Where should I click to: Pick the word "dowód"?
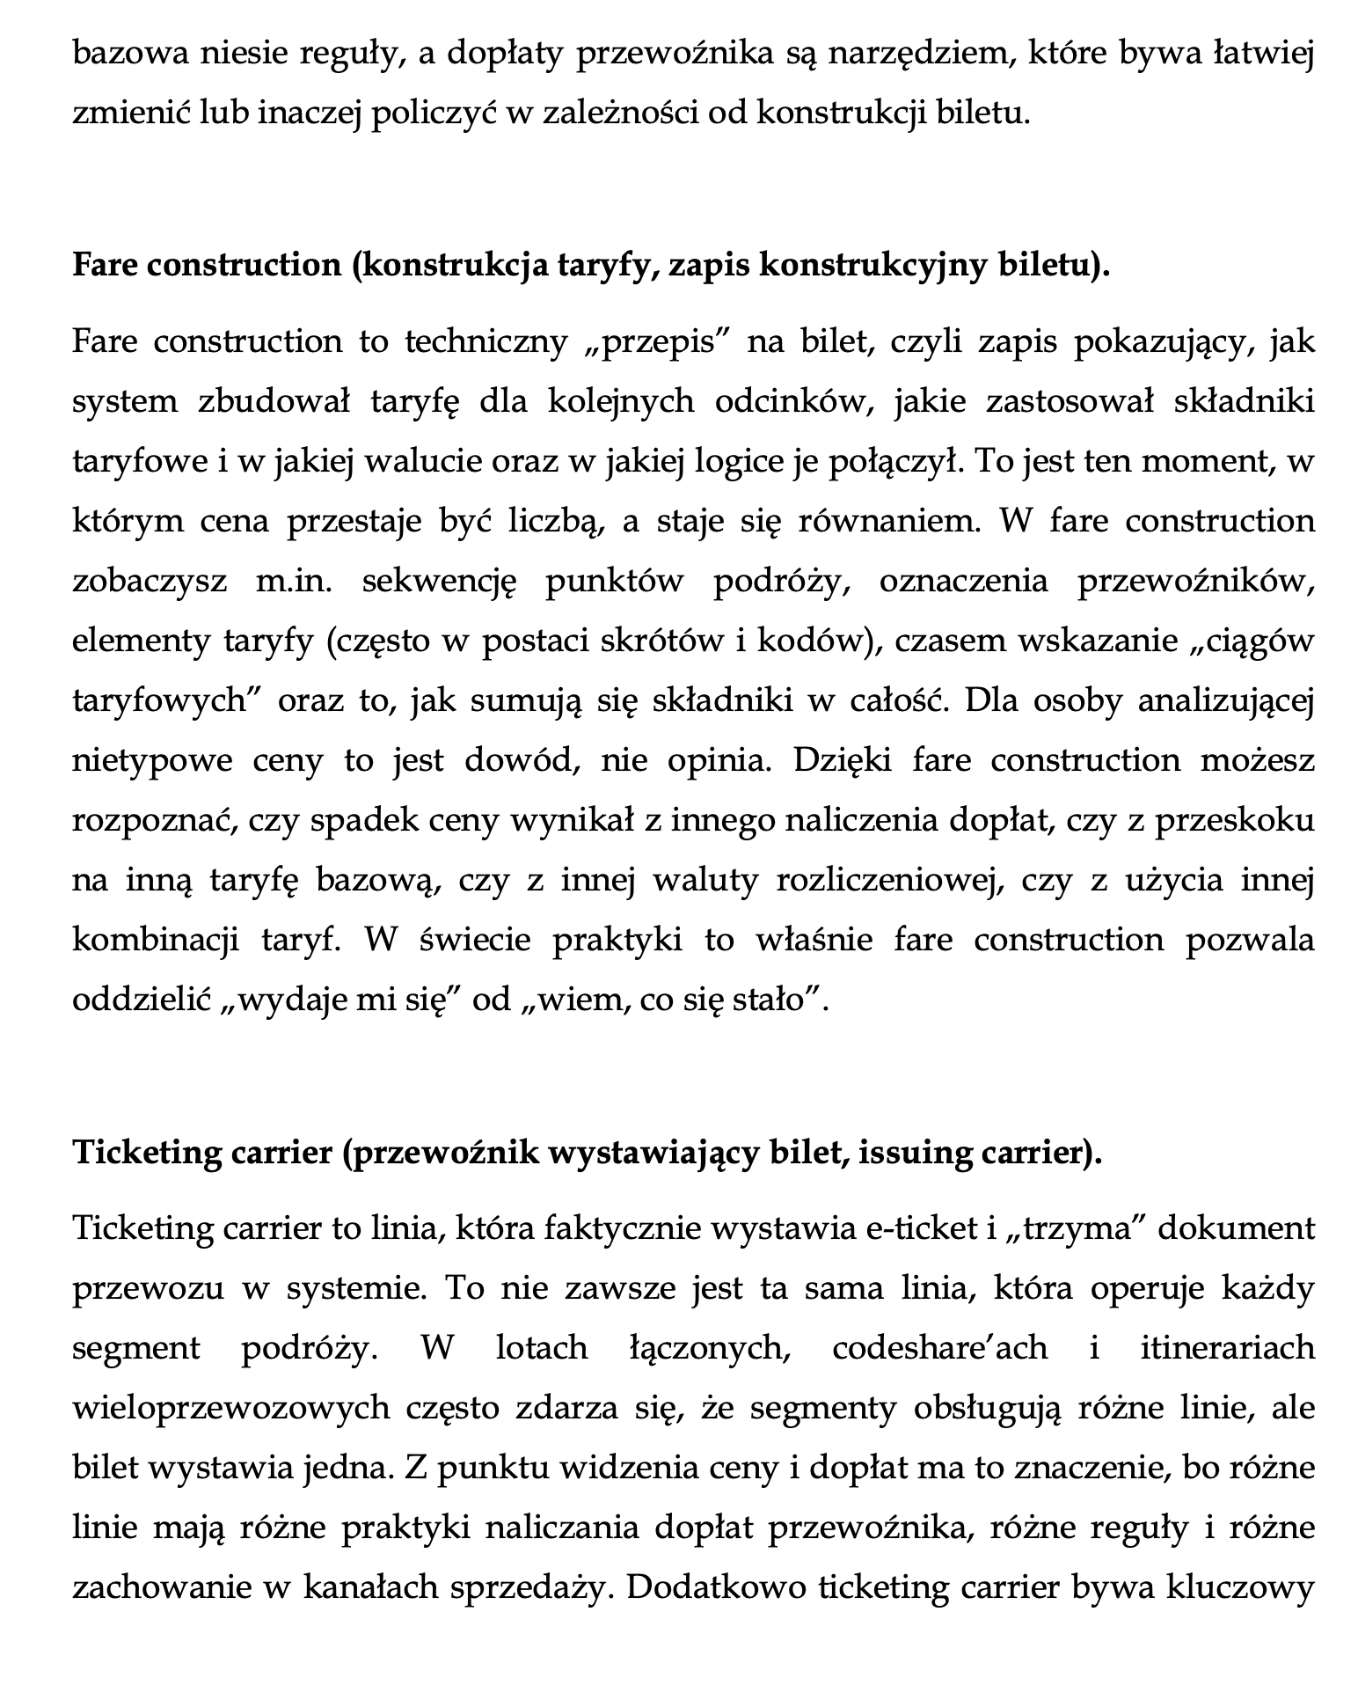[x=520, y=760]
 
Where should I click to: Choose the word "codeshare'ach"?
[x=939, y=1348]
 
